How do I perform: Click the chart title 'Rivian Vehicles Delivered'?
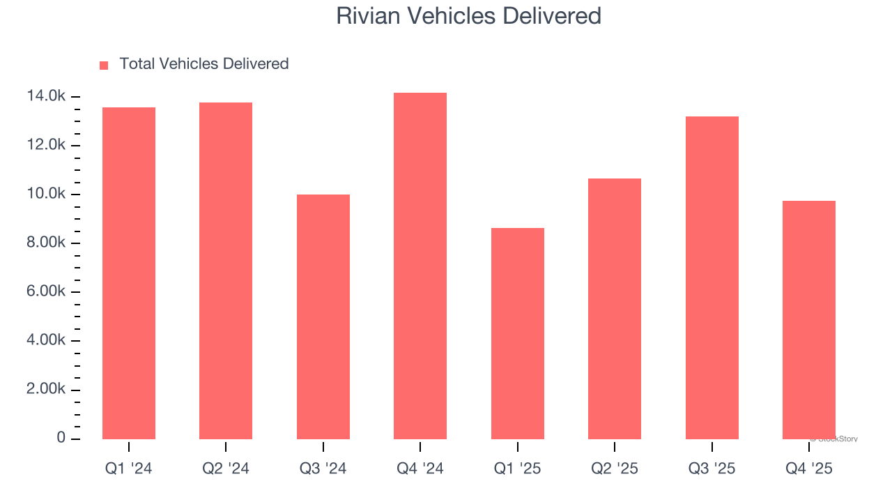[468, 16]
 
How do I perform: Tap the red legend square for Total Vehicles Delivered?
[104, 66]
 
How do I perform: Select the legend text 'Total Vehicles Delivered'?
[203, 64]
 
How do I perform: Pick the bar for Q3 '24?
[323, 317]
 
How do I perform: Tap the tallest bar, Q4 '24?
[420, 266]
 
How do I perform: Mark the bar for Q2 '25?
[615, 309]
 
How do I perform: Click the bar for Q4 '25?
[809, 320]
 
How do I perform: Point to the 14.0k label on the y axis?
[46, 96]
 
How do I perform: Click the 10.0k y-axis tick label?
[46, 194]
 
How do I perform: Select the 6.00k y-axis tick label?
[46, 291]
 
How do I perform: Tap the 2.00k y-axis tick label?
[46, 389]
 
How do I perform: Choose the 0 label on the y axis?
[61, 438]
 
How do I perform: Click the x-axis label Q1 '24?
[129, 469]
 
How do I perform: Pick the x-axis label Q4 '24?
[420, 469]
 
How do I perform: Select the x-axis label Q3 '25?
[712, 469]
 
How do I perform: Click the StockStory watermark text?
[834, 439]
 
